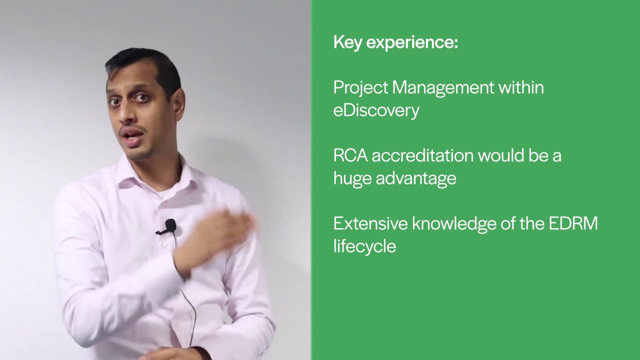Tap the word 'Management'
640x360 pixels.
(443, 88)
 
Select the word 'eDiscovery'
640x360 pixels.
(376, 110)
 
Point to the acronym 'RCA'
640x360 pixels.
(350, 155)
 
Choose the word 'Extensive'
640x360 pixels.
(370, 223)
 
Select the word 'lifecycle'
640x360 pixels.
(364, 246)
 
